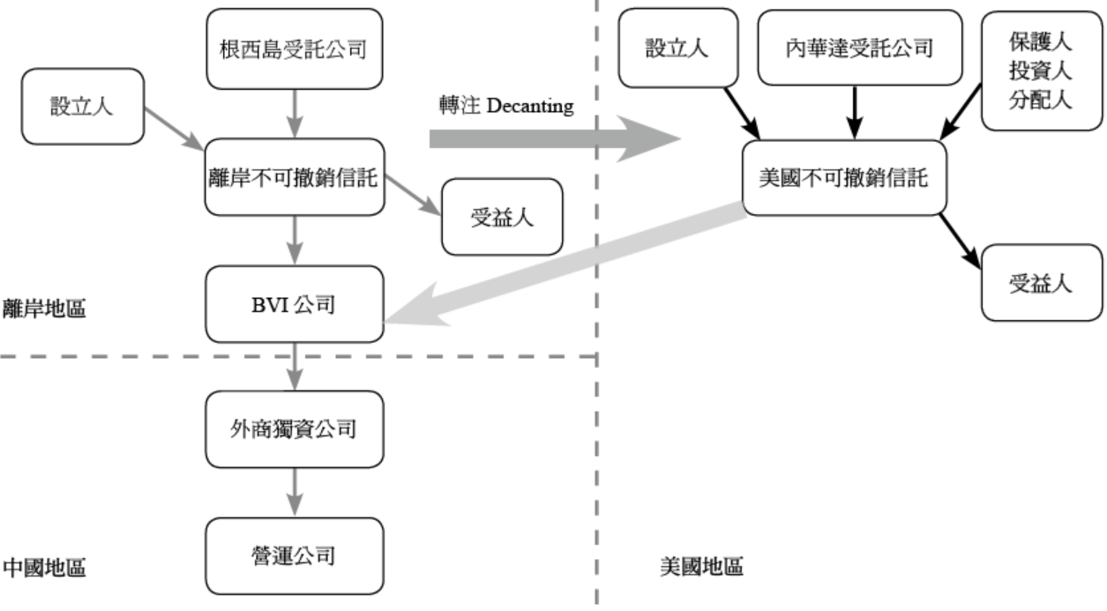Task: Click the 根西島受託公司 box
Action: tap(294, 48)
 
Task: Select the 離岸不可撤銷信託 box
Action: tap(294, 176)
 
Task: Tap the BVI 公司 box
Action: tap(294, 304)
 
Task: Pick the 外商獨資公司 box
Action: tap(294, 429)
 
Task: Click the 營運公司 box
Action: tap(294, 555)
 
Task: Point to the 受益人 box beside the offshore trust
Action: tap(501, 217)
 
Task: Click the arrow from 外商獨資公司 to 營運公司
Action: tap(294, 492)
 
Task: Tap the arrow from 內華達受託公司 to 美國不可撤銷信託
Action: tap(854, 113)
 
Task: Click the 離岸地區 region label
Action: tap(44, 309)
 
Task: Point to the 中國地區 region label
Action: tap(44, 565)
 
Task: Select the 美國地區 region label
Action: tap(701, 565)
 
